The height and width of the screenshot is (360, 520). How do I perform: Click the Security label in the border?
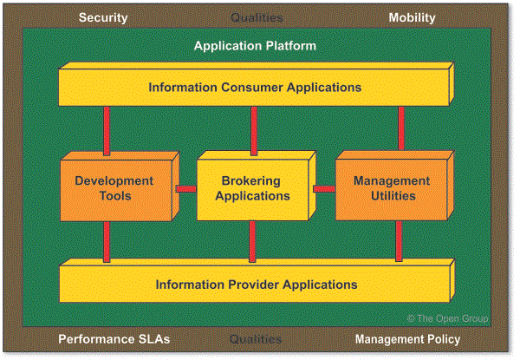click(103, 17)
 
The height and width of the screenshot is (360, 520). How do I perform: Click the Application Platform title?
click(255, 45)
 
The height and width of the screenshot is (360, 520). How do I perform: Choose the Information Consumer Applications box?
click(255, 88)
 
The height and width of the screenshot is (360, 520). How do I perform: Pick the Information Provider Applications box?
click(255, 285)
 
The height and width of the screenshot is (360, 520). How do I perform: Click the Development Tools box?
click(114, 188)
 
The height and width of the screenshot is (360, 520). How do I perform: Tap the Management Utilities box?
click(390, 188)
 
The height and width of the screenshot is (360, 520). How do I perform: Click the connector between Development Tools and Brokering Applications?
click(185, 188)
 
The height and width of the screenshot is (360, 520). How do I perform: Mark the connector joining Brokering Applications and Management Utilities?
click(323, 188)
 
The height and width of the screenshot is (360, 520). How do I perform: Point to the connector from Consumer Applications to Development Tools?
click(107, 130)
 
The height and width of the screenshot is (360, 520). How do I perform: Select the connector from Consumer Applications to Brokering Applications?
click(254, 130)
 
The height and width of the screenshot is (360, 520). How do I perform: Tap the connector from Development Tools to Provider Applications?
click(107, 241)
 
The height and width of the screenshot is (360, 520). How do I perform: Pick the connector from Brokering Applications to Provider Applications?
click(252, 241)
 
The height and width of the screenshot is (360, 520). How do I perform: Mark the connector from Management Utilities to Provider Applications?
click(400, 241)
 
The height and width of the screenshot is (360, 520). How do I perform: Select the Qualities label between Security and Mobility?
click(257, 17)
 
